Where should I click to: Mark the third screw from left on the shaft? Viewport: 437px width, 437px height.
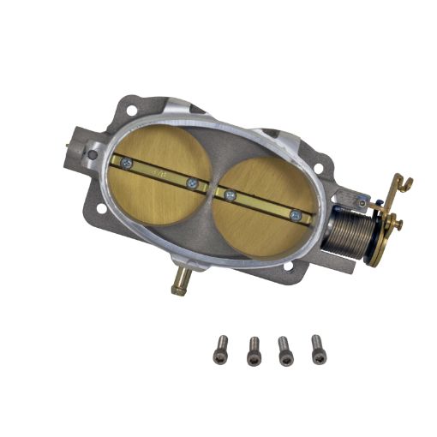tap(230, 195)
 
